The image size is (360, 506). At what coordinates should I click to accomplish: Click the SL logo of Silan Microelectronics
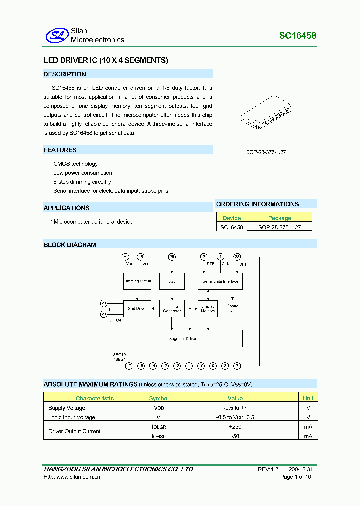(56, 35)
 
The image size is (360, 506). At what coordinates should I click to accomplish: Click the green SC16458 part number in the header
(297, 36)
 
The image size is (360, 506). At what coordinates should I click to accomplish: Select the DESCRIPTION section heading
(65, 74)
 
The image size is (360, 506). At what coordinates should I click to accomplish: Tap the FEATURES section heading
(60, 150)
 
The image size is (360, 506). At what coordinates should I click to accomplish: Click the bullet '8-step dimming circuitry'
(82, 182)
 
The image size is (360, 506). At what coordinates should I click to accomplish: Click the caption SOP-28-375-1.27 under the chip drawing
(266, 152)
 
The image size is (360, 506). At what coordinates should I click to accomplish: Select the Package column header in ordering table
(280, 218)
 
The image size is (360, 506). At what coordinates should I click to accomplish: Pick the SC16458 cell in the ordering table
(232, 227)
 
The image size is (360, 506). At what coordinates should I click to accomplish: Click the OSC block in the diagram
(172, 281)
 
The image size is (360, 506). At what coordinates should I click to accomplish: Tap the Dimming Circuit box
(137, 281)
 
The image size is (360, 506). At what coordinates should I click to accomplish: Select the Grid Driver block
(137, 309)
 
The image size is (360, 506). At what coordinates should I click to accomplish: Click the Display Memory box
(208, 309)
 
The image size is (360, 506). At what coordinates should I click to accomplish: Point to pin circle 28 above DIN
(237, 257)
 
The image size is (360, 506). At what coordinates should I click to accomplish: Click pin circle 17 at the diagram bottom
(129, 366)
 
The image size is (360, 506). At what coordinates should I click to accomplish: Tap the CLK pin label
(225, 264)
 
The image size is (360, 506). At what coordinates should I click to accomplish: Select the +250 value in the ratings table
(235, 427)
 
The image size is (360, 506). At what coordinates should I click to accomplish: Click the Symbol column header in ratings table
(159, 398)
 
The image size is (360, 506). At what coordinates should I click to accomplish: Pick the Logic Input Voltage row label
(71, 417)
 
